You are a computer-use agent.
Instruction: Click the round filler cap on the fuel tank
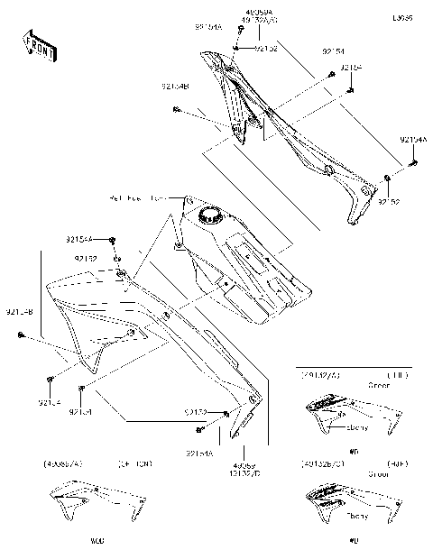pyautogui.click(x=211, y=215)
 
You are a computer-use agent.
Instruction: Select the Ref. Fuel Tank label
pyautogui.click(x=138, y=197)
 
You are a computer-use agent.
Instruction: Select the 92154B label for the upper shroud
pyautogui.click(x=175, y=87)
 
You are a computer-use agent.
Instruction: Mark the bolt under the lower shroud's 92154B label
pyautogui.click(x=20, y=335)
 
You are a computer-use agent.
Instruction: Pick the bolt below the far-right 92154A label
pyautogui.click(x=414, y=162)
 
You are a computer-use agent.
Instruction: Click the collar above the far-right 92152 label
pyautogui.click(x=387, y=177)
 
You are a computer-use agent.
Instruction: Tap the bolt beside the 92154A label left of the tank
pyautogui.click(x=113, y=241)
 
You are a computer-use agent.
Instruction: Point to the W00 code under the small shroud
pyautogui.click(x=97, y=541)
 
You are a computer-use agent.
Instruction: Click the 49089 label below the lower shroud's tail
pyautogui.click(x=244, y=463)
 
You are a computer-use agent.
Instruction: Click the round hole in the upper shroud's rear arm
pyautogui.click(x=330, y=170)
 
